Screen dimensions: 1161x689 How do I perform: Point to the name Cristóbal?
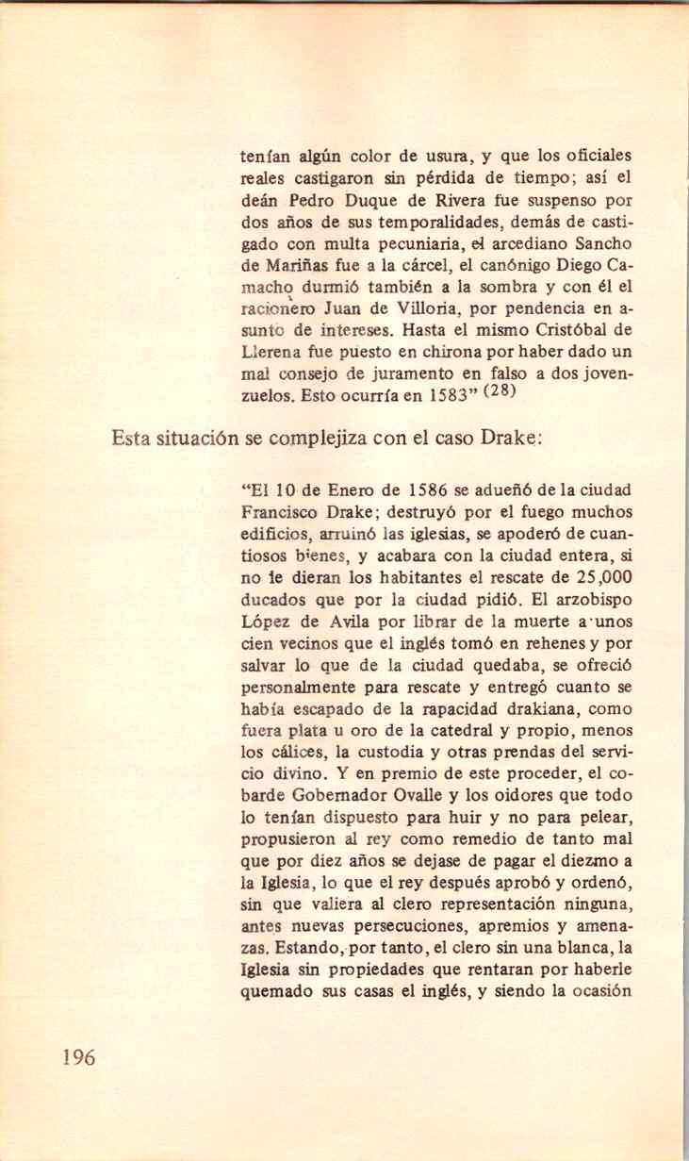(564, 330)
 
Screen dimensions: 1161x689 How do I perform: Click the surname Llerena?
(271, 352)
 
